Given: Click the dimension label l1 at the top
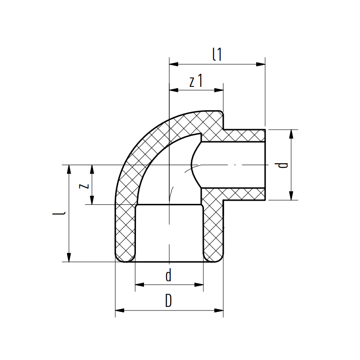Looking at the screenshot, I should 217,54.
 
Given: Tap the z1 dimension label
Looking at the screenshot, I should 196,81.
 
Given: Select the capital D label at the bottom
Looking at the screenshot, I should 169,301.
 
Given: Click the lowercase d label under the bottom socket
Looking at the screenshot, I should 169,275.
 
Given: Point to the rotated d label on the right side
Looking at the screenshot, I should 283,165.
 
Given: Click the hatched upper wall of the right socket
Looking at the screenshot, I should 243,135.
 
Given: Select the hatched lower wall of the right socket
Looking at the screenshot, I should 243,194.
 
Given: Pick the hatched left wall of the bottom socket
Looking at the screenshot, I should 125,232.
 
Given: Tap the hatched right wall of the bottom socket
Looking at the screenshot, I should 213,232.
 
